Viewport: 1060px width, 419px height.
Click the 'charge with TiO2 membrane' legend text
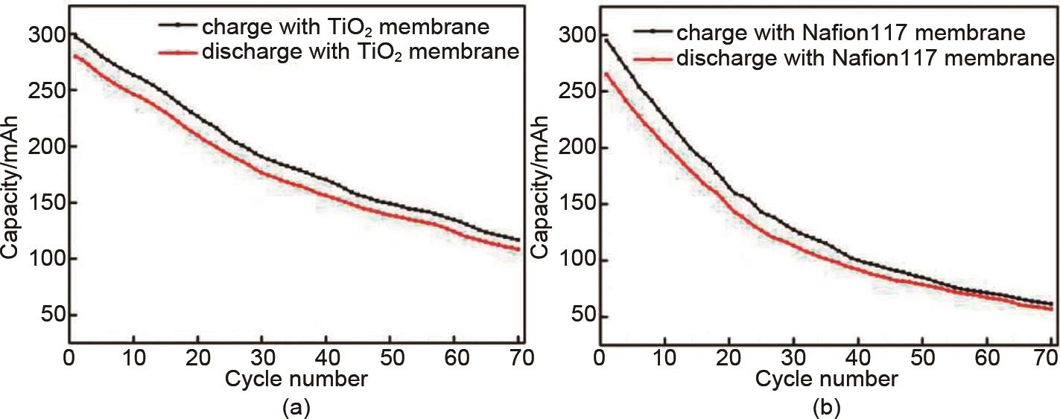click(345, 27)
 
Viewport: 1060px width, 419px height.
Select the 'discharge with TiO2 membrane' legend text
click(359, 53)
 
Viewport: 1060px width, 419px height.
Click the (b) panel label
click(826, 406)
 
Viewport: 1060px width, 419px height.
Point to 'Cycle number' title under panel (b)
click(826, 380)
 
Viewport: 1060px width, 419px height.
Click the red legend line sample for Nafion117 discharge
click(653, 58)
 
